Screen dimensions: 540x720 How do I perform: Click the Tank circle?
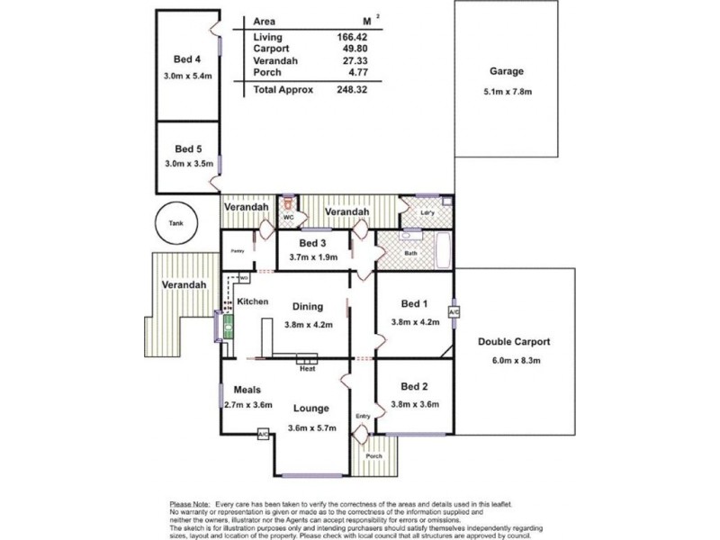pos(172,224)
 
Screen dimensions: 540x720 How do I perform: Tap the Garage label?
pos(507,71)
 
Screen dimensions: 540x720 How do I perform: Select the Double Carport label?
pos(514,341)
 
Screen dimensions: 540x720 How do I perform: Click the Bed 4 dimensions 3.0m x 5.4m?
pos(188,76)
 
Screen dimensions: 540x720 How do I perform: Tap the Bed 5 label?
pos(187,148)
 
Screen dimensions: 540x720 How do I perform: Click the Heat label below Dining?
pos(307,367)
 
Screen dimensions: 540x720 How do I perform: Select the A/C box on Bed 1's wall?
pos(454,311)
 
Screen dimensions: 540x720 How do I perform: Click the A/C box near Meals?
pos(263,436)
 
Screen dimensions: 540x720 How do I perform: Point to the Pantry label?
pos(238,251)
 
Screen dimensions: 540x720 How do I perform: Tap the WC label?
pos(289,218)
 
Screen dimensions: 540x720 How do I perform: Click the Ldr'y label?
pos(428,212)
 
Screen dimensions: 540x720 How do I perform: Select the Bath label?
pos(410,254)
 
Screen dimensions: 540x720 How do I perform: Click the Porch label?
pos(373,456)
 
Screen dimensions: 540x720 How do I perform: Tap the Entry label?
pos(363,416)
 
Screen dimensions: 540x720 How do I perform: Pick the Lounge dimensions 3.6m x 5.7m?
pos(312,427)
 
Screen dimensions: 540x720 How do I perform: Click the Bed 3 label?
pos(310,243)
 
